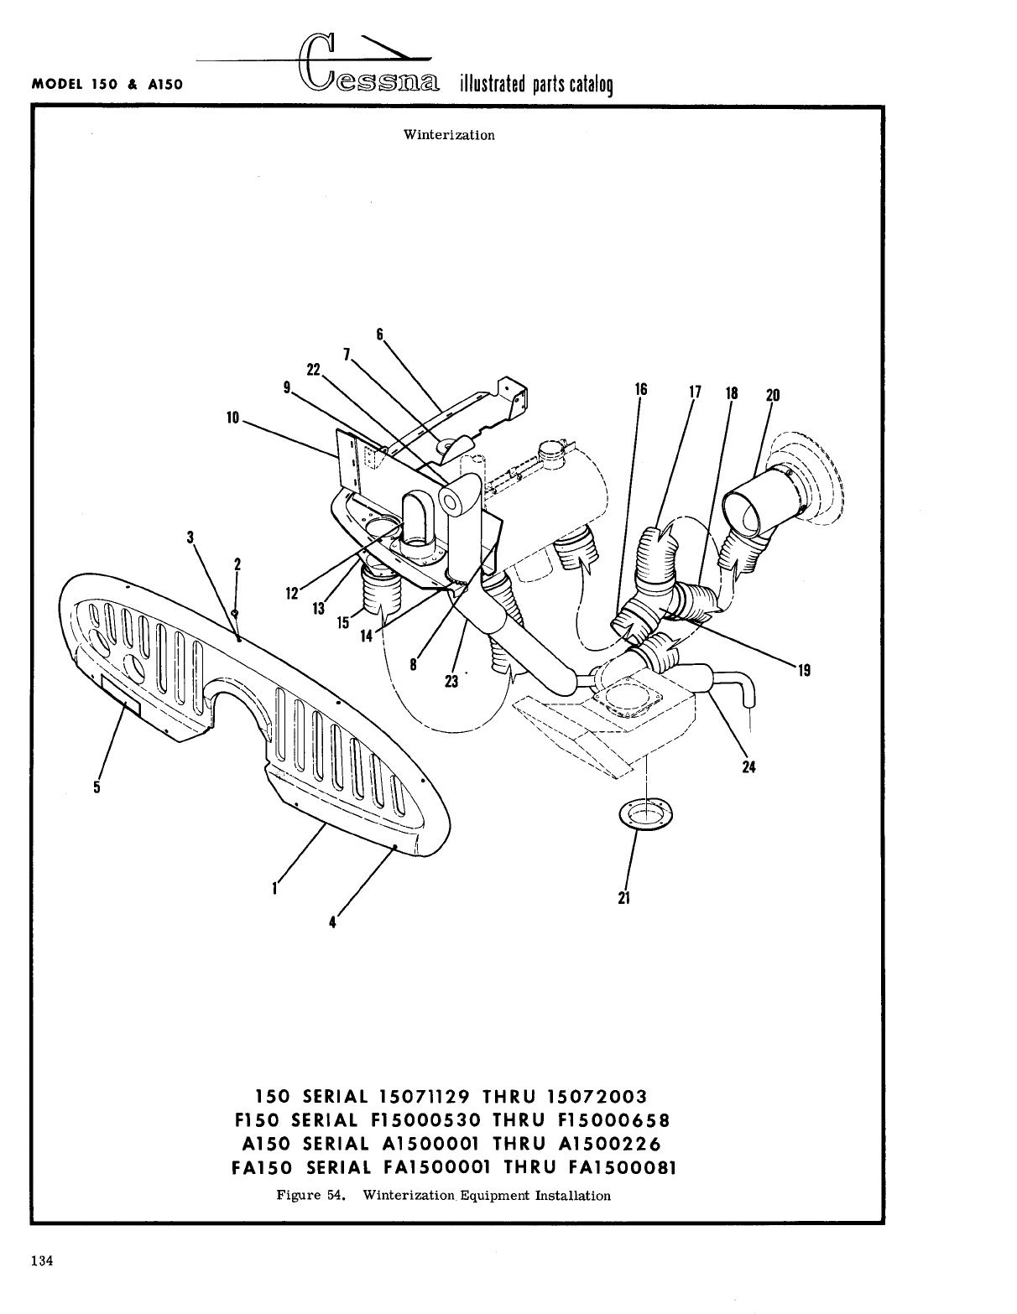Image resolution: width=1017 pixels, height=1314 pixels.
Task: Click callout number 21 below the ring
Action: [x=623, y=897]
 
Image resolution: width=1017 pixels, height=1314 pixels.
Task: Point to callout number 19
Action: [x=804, y=670]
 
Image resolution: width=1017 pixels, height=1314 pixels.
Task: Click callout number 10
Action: [x=233, y=417]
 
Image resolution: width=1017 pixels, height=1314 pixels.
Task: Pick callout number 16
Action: [x=641, y=389]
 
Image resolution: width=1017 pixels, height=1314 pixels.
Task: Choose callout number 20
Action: [x=773, y=394]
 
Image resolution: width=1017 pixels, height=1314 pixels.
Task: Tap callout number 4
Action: [x=333, y=922]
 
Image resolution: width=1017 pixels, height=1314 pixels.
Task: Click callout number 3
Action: [x=190, y=537]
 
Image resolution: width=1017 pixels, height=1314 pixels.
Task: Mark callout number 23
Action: [x=451, y=682]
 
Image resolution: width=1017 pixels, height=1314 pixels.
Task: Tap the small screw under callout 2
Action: [x=236, y=615]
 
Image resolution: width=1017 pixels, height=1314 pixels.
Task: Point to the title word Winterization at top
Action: [x=449, y=134]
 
